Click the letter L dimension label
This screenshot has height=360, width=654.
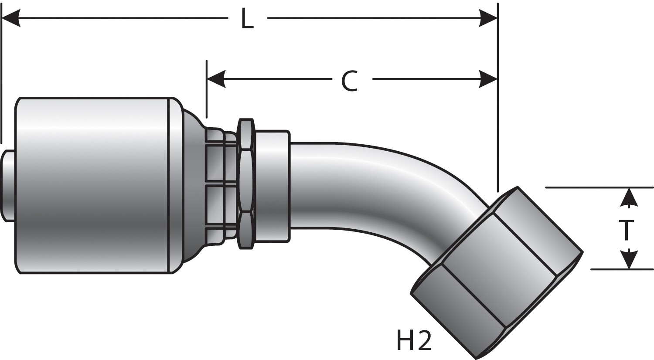coord(247,20)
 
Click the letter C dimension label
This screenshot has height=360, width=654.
coord(350,81)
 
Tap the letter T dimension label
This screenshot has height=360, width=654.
coord(627,230)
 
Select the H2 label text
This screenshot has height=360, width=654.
coord(413,341)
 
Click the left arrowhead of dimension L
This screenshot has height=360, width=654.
coord(11,18)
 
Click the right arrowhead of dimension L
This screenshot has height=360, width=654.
coord(488,18)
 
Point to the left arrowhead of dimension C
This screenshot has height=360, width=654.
coord(216,79)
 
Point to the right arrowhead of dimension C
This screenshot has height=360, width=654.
coord(488,79)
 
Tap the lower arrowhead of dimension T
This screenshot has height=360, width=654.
coord(628,260)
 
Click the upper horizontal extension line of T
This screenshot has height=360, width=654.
coord(580,187)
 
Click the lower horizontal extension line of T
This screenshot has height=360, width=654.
coord(610,269)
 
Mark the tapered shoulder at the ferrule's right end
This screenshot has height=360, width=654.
coord(192,185)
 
